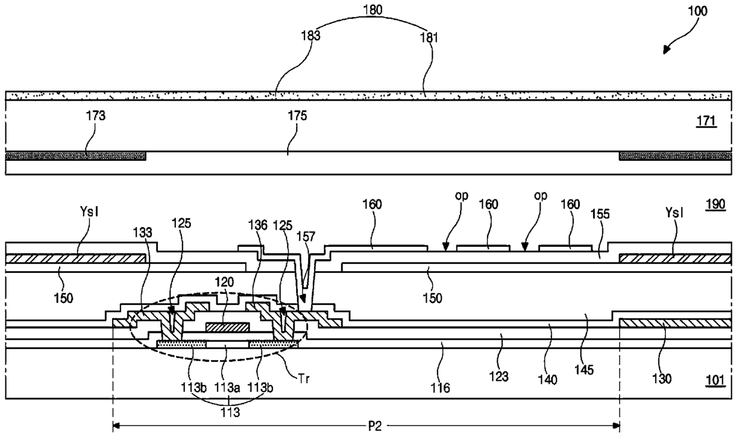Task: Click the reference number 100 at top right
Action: pyautogui.click(x=697, y=11)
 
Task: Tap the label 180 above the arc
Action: pyautogui.click(x=373, y=10)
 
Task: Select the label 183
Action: pyautogui.click(x=310, y=36)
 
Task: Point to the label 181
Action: pyautogui.click(x=429, y=38)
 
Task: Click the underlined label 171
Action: pyautogui.click(x=706, y=122)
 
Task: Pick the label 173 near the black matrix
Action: pyautogui.click(x=96, y=116)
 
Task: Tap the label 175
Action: pyautogui.click(x=297, y=116)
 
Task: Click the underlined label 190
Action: pyautogui.click(x=715, y=205)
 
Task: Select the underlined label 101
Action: pyautogui.click(x=715, y=380)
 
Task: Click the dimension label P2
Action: pyautogui.click(x=375, y=427)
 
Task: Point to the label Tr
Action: pyautogui.click(x=304, y=379)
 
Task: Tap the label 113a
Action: pyautogui.click(x=227, y=387)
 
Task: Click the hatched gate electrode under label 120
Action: pyautogui.click(x=227, y=327)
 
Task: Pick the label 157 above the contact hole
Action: pyautogui.click(x=306, y=237)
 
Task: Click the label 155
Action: pyautogui.click(x=600, y=214)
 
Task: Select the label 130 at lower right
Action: pyautogui.click(x=662, y=379)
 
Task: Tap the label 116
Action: pyautogui.click(x=440, y=388)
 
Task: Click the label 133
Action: pyautogui.click(x=142, y=232)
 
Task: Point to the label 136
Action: pyautogui.click(x=257, y=225)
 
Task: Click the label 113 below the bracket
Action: pyautogui.click(x=230, y=412)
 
